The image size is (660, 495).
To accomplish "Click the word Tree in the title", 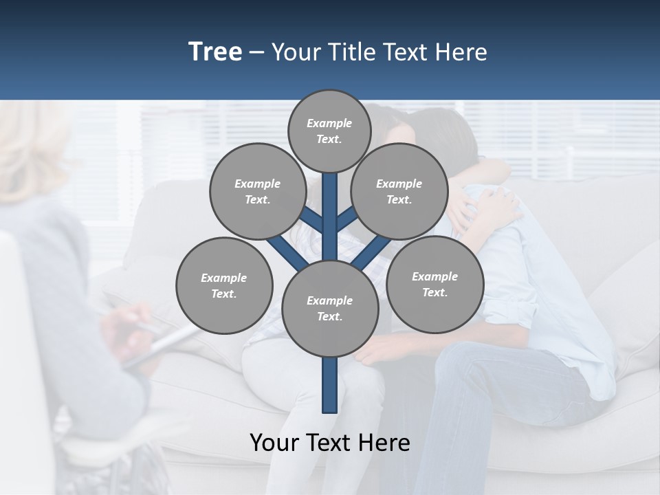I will pos(215,52).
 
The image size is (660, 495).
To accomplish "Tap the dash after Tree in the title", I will pos(256,53).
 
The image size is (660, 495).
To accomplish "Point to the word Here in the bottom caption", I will pos(384,443).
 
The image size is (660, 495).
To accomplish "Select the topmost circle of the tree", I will pos(329,131).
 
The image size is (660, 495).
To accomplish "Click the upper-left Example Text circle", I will pos(257,191).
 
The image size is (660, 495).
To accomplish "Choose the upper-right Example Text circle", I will pos(399,191).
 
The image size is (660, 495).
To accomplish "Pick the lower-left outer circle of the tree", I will pos(223,285).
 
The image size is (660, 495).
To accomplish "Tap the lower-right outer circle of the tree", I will pos(434,284).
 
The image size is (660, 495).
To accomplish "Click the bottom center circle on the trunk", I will pos(330,308).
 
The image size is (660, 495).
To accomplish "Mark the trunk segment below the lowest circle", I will pos(330,385).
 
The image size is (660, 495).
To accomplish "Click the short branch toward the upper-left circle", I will pos(313,220).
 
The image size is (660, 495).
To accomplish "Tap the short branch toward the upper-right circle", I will pos(346,219).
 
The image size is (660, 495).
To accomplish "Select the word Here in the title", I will pos(461,52).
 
